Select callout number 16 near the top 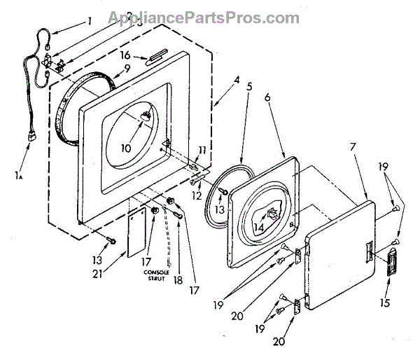click(125, 54)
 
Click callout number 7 click(353, 150)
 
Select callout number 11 click(202, 150)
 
